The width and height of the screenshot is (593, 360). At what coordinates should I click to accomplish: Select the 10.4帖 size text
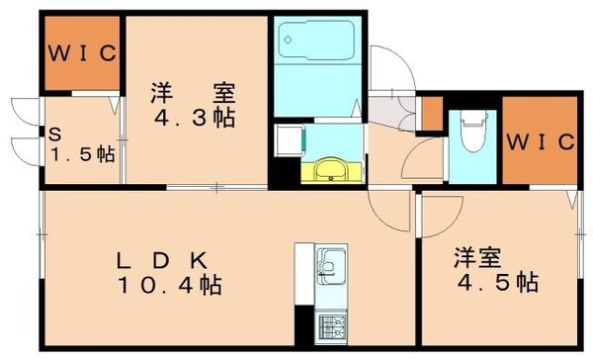170,287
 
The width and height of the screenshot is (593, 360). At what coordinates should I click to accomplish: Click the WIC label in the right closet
540,142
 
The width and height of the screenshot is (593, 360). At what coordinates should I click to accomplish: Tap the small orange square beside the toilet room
431,113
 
